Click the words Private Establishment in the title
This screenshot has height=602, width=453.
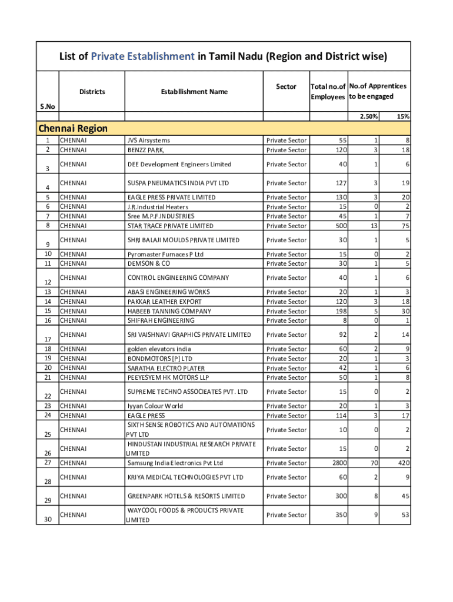click(x=142, y=56)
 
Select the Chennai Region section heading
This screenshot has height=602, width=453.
click(x=73, y=128)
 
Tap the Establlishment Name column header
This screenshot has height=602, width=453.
click(x=194, y=91)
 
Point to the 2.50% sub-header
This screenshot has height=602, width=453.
click(x=369, y=116)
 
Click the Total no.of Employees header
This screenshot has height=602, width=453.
click(x=328, y=91)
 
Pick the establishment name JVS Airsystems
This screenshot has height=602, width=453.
click(x=148, y=141)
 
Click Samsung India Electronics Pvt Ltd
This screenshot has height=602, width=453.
click(x=175, y=463)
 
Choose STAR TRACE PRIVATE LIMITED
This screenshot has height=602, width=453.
click(x=171, y=226)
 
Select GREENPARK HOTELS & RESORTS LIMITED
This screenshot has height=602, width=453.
click(x=186, y=496)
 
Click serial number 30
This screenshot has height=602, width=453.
click(x=48, y=519)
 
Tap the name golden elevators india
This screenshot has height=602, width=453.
click(x=159, y=349)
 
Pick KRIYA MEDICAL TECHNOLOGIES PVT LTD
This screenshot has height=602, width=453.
click(x=185, y=477)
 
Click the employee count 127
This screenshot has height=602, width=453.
click(x=339, y=183)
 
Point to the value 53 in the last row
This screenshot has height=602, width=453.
click(x=405, y=514)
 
